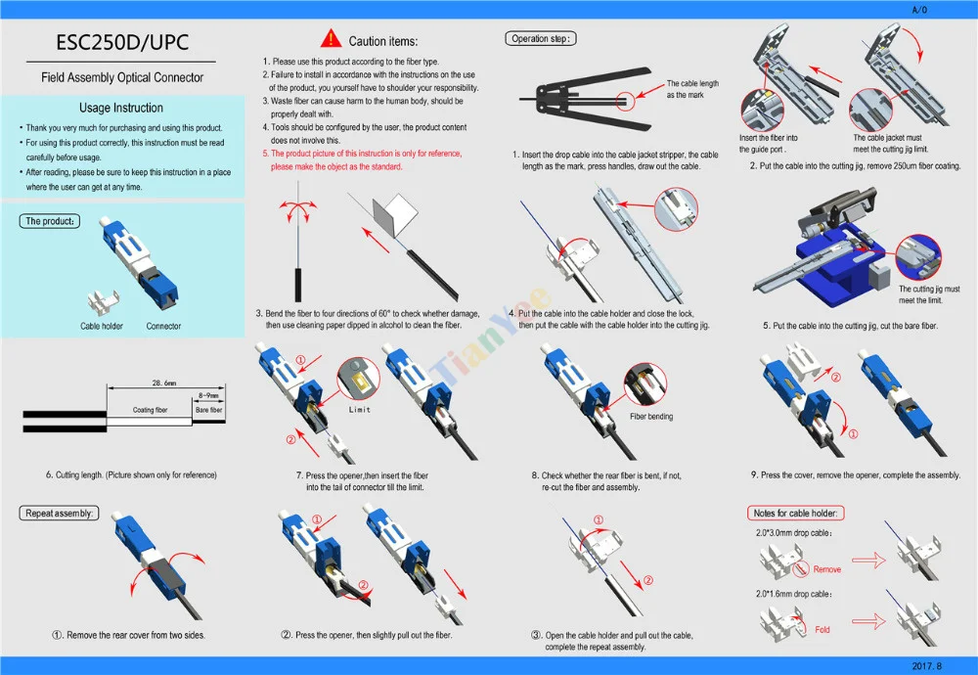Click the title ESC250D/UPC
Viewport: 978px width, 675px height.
121,44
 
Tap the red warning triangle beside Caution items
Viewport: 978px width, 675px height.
332,40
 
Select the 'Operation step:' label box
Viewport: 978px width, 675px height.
541,39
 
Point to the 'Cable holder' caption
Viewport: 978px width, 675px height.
102,326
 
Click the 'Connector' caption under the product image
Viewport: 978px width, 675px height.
163,326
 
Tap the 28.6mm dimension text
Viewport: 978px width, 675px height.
163,382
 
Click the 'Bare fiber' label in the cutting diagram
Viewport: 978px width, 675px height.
209,410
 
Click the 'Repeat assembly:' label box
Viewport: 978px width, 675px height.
60,513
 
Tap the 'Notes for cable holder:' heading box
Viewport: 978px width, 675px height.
796,513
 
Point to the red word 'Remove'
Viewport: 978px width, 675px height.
826,568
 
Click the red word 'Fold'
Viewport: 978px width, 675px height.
822,629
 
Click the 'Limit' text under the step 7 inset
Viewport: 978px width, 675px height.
360,410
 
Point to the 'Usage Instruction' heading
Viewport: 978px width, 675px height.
121,108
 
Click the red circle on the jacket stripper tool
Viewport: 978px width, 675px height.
623,99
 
